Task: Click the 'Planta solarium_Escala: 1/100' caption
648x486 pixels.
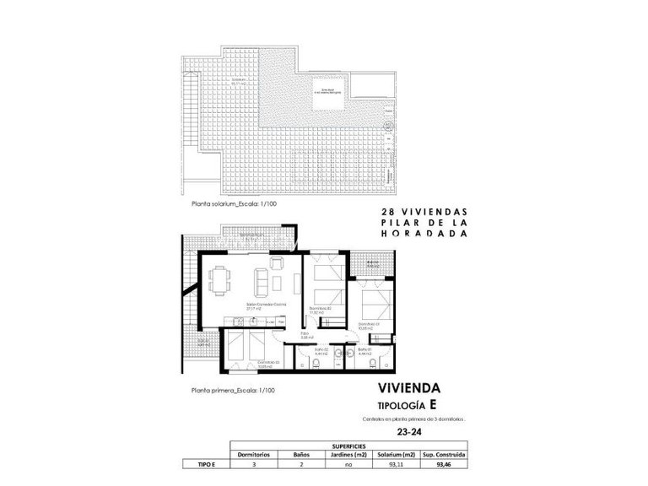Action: click(x=233, y=204)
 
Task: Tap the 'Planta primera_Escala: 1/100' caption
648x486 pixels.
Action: click(x=232, y=391)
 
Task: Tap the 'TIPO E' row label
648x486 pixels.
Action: click(x=199, y=463)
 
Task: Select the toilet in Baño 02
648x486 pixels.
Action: click(x=314, y=364)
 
